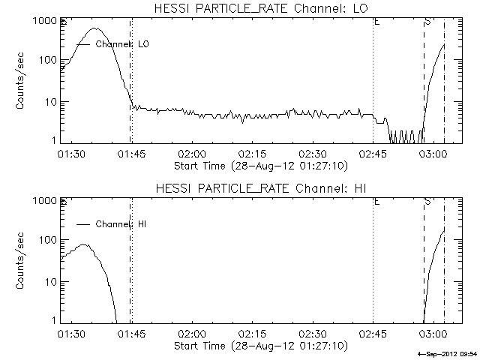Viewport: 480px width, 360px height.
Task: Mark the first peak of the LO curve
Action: (95, 28)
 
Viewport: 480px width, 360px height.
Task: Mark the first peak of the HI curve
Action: (84, 244)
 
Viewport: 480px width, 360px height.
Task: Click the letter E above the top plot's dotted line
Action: (376, 22)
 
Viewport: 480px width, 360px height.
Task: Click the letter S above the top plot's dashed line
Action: (427, 22)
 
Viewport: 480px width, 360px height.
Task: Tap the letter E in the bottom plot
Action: (376, 202)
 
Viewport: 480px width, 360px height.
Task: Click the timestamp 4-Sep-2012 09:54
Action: (447, 353)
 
